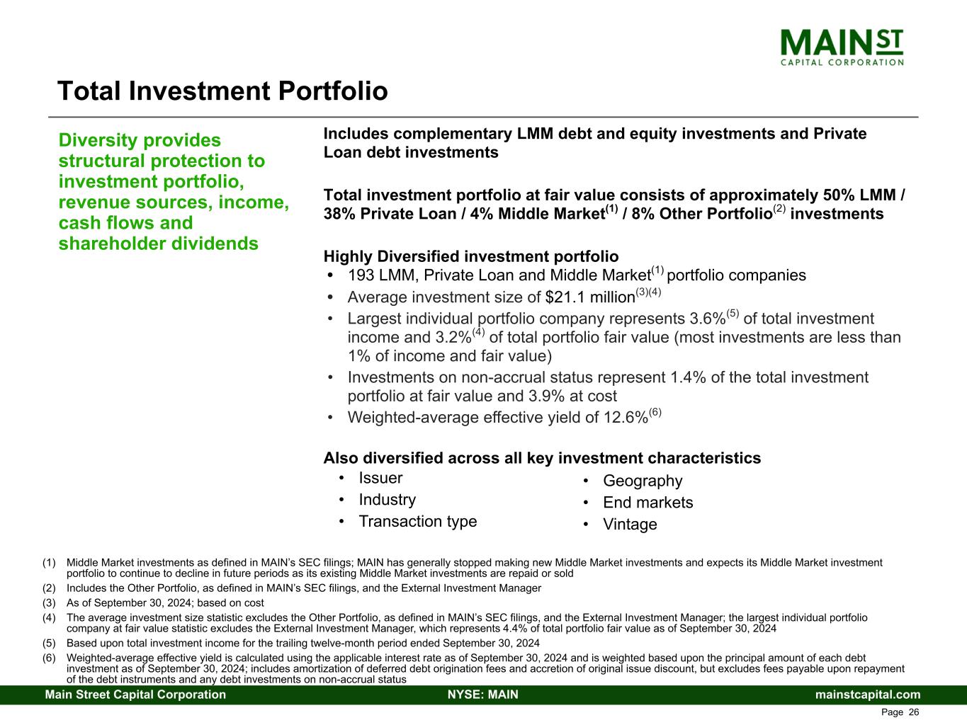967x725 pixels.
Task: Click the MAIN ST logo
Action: [x=842, y=47]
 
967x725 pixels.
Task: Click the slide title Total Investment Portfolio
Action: [x=222, y=91]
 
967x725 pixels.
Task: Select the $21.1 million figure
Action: [x=590, y=297]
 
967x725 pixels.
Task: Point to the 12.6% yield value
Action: [x=626, y=417]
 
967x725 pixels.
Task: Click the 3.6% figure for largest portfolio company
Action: [x=708, y=319]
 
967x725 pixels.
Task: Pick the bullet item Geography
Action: [x=643, y=481]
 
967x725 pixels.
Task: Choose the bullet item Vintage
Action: [x=630, y=524]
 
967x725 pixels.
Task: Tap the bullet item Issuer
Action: [x=380, y=478]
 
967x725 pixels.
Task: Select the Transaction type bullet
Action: [x=418, y=522]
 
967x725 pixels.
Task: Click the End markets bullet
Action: [x=648, y=502]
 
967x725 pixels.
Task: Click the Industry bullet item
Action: [x=388, y=500]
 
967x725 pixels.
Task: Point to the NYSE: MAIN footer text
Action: [x=483, y=695]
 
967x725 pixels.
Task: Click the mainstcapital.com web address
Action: [x=868, y=695]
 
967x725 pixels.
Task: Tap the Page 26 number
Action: [x=900, y=712]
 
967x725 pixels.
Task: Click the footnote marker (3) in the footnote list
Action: [x=49, y=603]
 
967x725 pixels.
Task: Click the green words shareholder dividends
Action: [x=158, y=244]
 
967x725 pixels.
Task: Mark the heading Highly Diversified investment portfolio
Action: [x=471, y=256]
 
